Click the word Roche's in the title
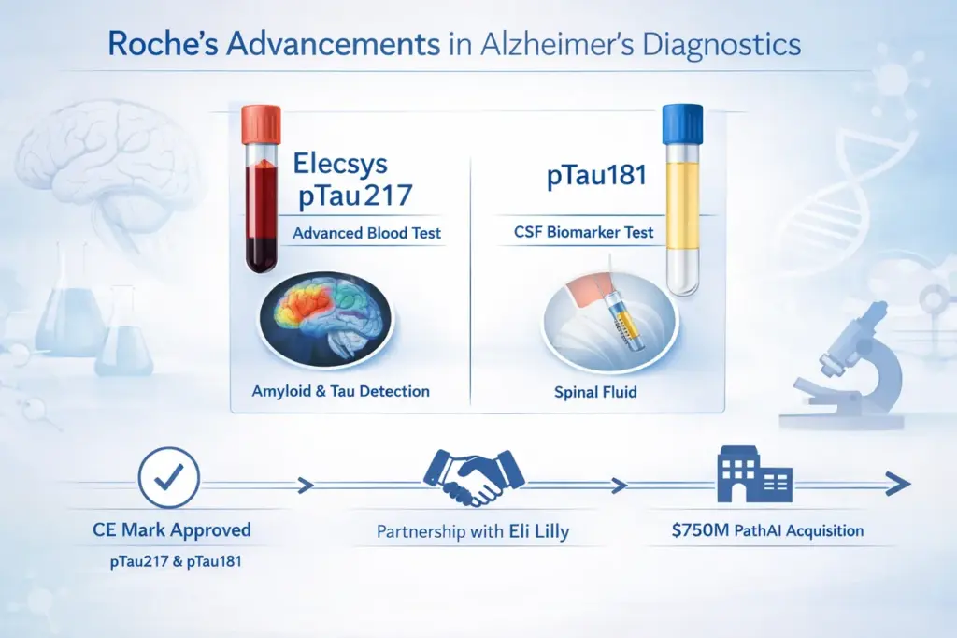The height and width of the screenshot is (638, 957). [x=163, y=44]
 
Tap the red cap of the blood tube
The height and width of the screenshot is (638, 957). [x=261, y=124]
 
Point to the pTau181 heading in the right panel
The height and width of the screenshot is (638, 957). [x=596, y=176]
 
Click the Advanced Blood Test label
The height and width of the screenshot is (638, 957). [x=366, y=233]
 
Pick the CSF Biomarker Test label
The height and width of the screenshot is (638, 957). [x=583, y=232]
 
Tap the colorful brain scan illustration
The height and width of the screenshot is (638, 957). [x=326, y=320]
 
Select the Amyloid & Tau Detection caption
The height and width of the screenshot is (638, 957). [x=340, y=391]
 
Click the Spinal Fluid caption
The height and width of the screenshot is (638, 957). [x=595, y=392]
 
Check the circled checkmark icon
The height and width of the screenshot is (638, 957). [x=168, y=477]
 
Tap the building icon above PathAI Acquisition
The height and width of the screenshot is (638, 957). [x=754, y=473]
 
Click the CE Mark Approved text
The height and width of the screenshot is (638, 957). [x=172, y=529]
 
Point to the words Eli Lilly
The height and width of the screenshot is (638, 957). [x=539, y=531]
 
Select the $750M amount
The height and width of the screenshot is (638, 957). [x=700, y=530]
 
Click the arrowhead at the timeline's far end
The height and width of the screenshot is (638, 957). [x=897, y=484]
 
